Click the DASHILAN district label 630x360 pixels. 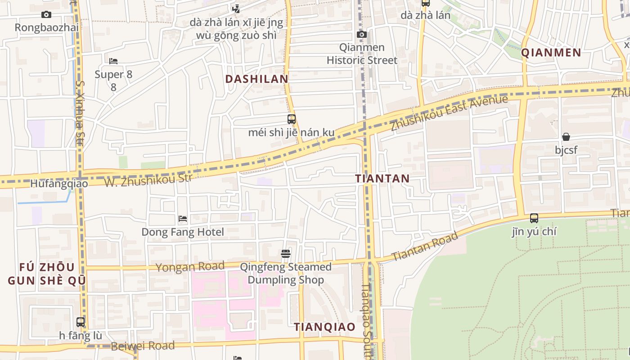pos(256,79)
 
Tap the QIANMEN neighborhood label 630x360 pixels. pos(551,53)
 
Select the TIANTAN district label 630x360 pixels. pos(382,179)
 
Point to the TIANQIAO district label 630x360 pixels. pos(324,327)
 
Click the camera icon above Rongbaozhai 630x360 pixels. pos(46,15)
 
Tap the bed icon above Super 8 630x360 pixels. pos(113,61)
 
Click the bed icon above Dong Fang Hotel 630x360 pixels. pos(183,219)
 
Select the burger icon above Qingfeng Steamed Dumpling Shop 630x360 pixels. pos(286,254)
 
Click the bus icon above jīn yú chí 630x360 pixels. pos(534,218)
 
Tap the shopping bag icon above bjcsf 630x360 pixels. pos(566,137)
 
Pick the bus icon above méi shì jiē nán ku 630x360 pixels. pos(292,119)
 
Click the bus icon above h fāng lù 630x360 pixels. pos(81,322)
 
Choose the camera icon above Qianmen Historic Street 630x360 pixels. pos(362,35)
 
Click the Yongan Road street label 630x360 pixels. pos(190,267)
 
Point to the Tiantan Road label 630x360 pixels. pos(425,246)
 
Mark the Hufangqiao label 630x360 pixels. pos(59,184)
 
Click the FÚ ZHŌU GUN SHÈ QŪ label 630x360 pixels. pos(47,274)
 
